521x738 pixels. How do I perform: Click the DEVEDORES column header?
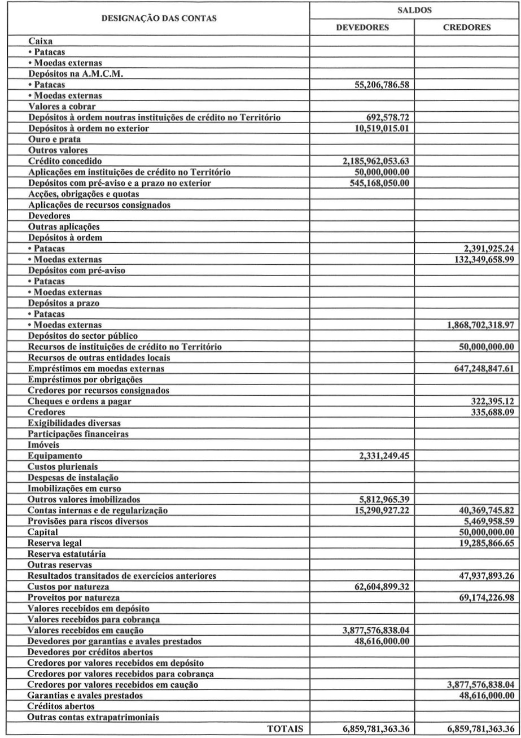362,27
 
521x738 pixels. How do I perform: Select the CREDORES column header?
466,27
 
